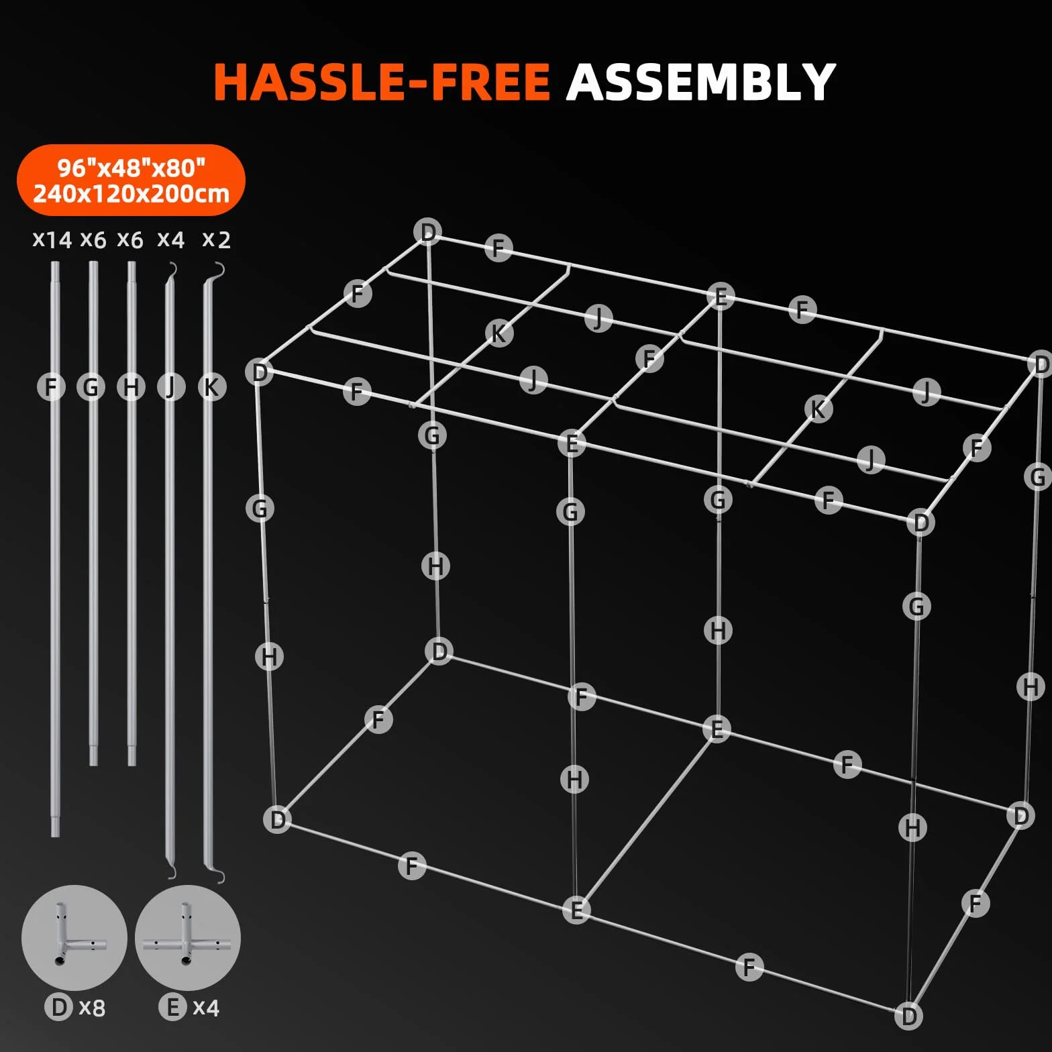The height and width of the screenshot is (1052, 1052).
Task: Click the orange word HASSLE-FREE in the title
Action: pos(382,83)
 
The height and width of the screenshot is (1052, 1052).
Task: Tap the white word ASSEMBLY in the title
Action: pos(700,83)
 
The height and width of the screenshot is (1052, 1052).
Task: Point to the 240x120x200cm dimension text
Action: pos(131,194)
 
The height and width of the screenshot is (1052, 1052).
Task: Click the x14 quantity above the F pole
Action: pos(52,240)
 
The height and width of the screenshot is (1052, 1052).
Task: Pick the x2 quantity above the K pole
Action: pos(216,240)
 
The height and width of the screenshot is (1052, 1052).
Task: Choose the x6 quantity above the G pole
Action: pos(93,240)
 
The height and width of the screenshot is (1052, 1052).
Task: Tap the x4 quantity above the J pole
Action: pos(170,240)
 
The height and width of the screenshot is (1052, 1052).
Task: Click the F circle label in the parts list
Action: pos(51,387)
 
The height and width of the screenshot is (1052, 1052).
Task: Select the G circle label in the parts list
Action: pos(91,387)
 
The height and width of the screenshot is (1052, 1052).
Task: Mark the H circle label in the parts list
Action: pos(131,387)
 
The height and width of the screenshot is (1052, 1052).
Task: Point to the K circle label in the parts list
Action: pos(211,387)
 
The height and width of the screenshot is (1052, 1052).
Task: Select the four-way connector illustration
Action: pos(187,937)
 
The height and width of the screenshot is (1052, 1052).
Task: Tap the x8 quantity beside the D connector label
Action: pos(92,1008)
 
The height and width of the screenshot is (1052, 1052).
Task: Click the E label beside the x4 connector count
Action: pos(172,1007)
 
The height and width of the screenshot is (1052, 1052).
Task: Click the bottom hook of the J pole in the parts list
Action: pos(171,872)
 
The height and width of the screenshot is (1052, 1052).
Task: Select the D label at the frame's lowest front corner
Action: pos(909,1015)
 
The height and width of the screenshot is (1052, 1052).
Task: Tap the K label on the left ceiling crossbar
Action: pos(499,333)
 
